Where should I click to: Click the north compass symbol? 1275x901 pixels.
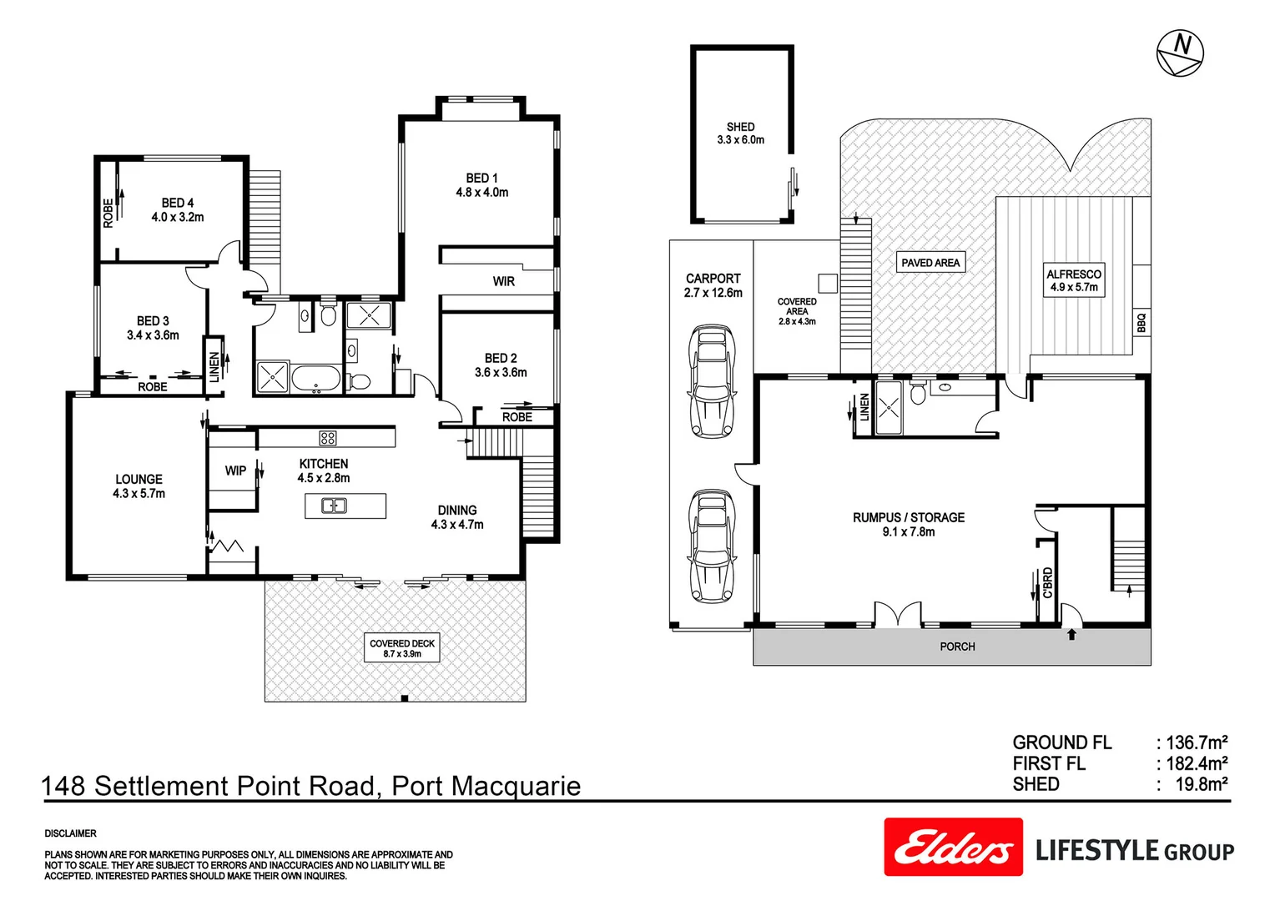point(1180,53)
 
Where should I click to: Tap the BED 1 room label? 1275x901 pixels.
point(481,185)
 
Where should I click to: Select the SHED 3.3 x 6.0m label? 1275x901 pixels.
point(740,133)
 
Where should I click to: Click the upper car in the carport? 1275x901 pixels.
point(711,382)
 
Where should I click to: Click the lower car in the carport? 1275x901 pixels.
point(711,546)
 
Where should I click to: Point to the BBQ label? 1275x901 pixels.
point(1141,323)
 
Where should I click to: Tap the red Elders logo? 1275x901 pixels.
point(953,847)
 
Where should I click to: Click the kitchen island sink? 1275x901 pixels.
point(335,506)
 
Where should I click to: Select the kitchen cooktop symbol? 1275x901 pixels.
point(328,438)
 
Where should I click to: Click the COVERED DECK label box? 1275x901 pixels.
point(402,648)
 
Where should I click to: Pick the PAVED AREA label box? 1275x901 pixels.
point(930,263)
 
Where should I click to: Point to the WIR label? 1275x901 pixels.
point(503,282)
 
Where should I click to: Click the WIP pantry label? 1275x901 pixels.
point(235,471)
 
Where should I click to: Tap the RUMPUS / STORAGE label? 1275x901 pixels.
point(908,524)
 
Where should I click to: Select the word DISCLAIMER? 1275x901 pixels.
point(71,833)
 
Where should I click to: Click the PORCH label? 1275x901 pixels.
point(957,647)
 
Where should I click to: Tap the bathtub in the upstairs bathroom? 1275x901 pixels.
point(315,378)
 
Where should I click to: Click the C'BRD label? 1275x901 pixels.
point(1048,582)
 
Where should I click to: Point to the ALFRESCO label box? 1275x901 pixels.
point(1074,280)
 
